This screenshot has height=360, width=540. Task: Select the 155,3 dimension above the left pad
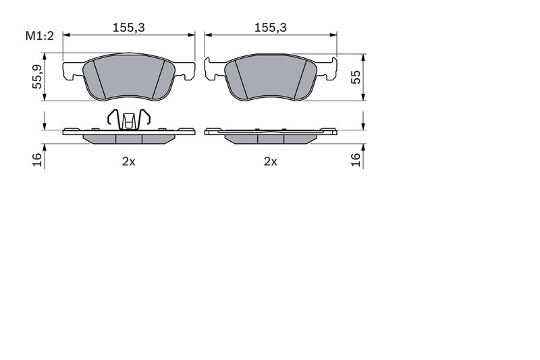(129, 27)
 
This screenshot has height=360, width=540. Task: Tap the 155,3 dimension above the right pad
(270, 27)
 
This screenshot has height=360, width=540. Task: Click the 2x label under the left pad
(128, 161)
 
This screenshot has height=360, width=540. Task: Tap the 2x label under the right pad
(270, 161)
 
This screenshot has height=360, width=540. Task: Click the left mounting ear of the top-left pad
(72, 70)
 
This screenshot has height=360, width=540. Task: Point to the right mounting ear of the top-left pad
(186, 70)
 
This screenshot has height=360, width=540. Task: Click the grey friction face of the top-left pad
(129, 78)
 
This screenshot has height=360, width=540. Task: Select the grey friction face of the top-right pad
(270, 78)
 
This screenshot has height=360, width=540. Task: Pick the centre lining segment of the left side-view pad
(129, 139)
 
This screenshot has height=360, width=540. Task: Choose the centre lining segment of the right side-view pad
(270, 139)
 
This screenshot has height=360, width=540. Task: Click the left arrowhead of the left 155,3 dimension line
(66, 35)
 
